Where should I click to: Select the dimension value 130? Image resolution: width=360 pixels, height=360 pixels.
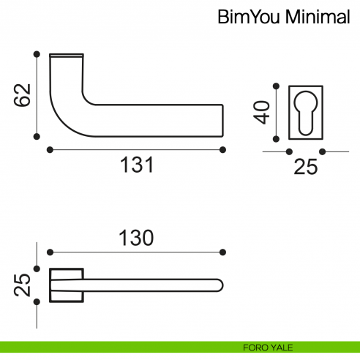136,238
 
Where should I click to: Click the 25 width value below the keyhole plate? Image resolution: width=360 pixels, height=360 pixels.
305,168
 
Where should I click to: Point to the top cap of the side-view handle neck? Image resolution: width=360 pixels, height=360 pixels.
67,55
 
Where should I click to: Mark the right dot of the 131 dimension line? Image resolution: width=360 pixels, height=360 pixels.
222,149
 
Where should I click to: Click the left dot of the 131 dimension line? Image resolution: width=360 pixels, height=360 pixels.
49,149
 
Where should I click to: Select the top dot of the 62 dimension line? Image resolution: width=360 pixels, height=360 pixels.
35,53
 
